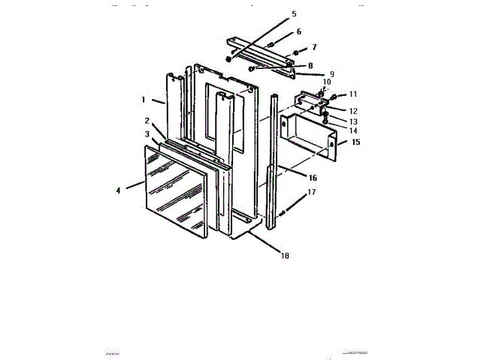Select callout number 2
click(x=147, y=121)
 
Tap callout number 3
click(x=147, y=133)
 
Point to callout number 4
click(x=118, y=190)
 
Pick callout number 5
click(x=294, y=14)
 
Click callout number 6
click(x=298, y=31)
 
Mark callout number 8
click(x=310, y=65)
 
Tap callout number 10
click(x=326, y=82)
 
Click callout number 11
click(x=352, y=94)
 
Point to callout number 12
click(x=352, y=111)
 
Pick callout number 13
click(x=352, y=121)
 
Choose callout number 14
click(x=352, y=130)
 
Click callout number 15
click(x=356, y=142)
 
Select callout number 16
click(x=313, y=178)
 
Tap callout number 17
click(x=312, y=193)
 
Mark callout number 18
click(x=284, y=256)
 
